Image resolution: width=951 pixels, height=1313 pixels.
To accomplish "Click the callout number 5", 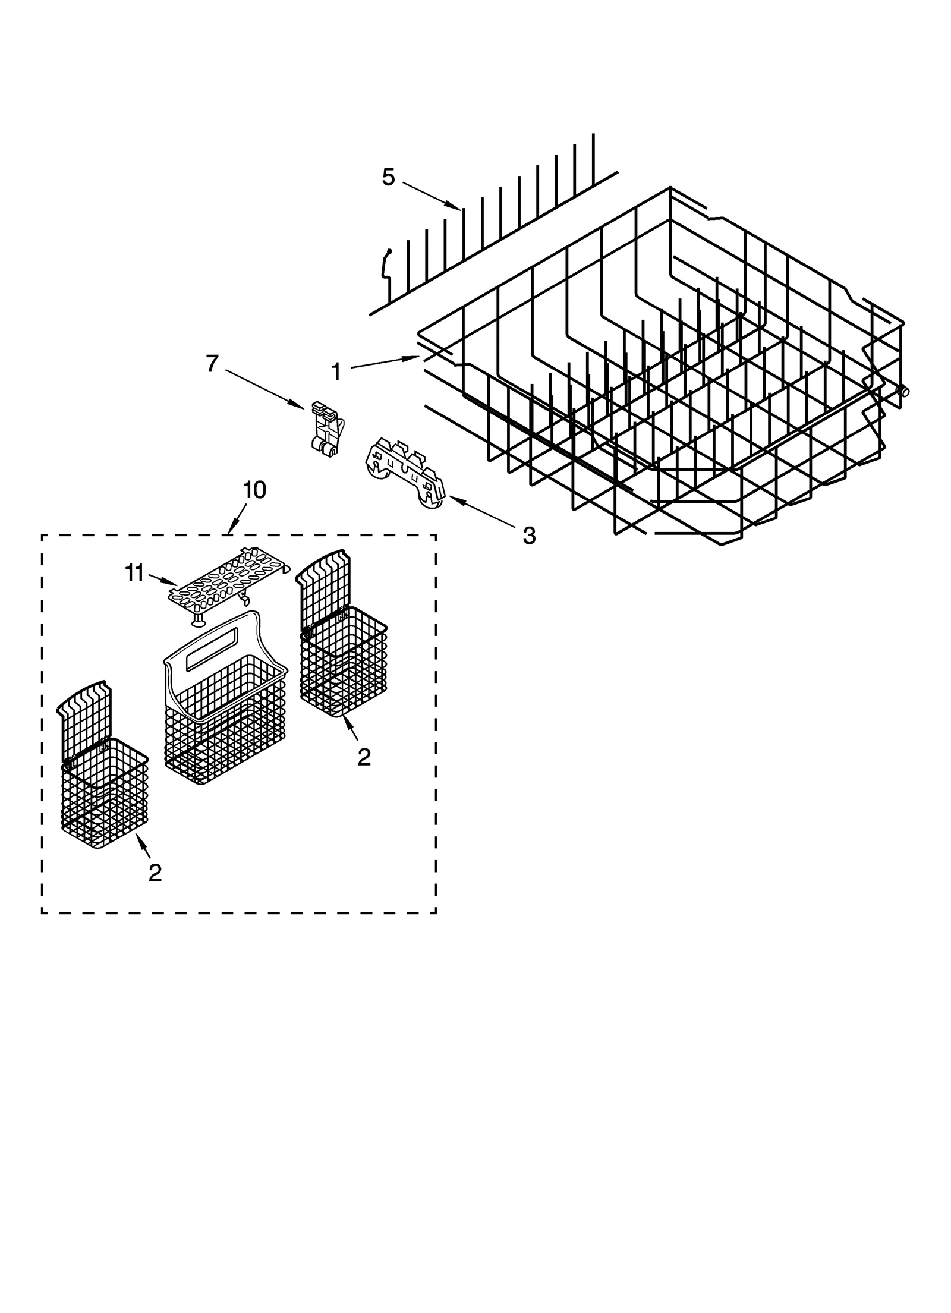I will [x=388, y=177].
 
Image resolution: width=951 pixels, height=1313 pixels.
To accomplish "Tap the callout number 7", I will [x=212, y=363].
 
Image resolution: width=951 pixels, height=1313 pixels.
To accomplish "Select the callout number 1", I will [x=336, y=372].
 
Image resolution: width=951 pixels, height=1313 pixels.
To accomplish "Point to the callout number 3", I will [x=528, y=536].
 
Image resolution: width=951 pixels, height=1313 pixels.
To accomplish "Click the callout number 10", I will [x=254, y=490].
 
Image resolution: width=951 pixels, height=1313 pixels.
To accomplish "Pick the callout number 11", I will [x=135, y=573].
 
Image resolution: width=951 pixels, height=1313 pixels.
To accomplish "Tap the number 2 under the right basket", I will [x=364, y=756].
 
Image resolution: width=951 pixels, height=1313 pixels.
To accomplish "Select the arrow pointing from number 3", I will [x=481, y=511].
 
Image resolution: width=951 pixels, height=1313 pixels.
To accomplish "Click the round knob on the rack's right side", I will [x=903, y=391].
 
